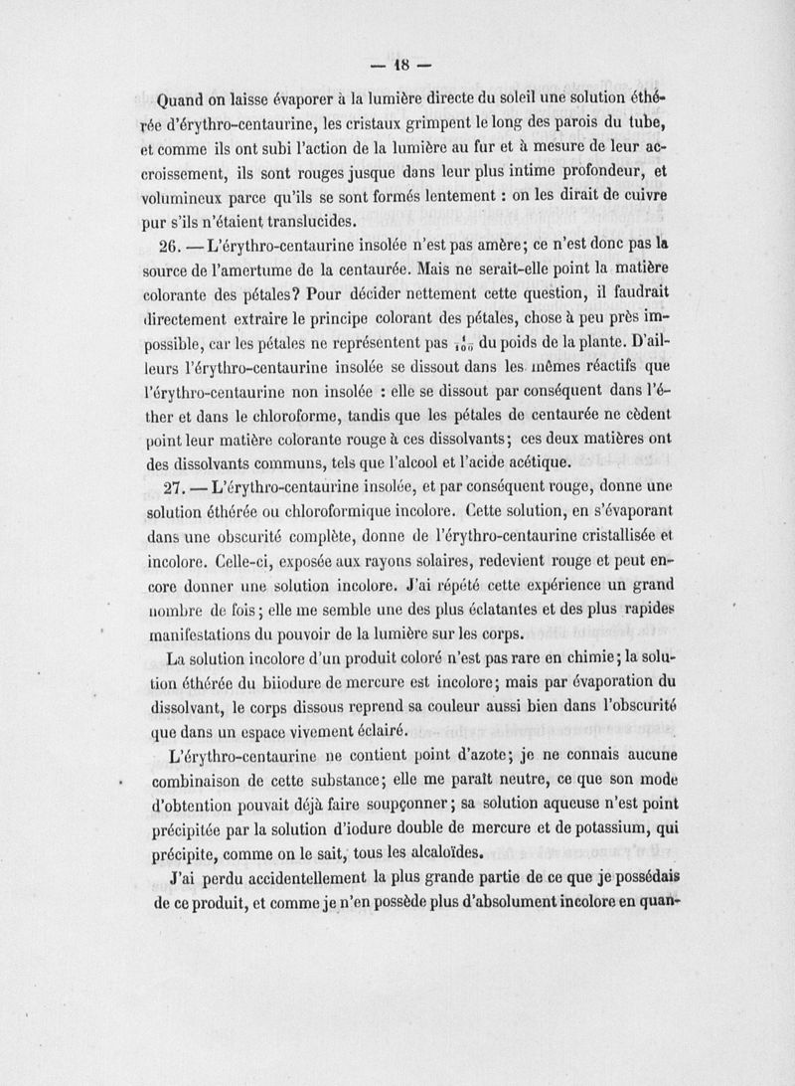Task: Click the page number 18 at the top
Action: click(x=397, y=70)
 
